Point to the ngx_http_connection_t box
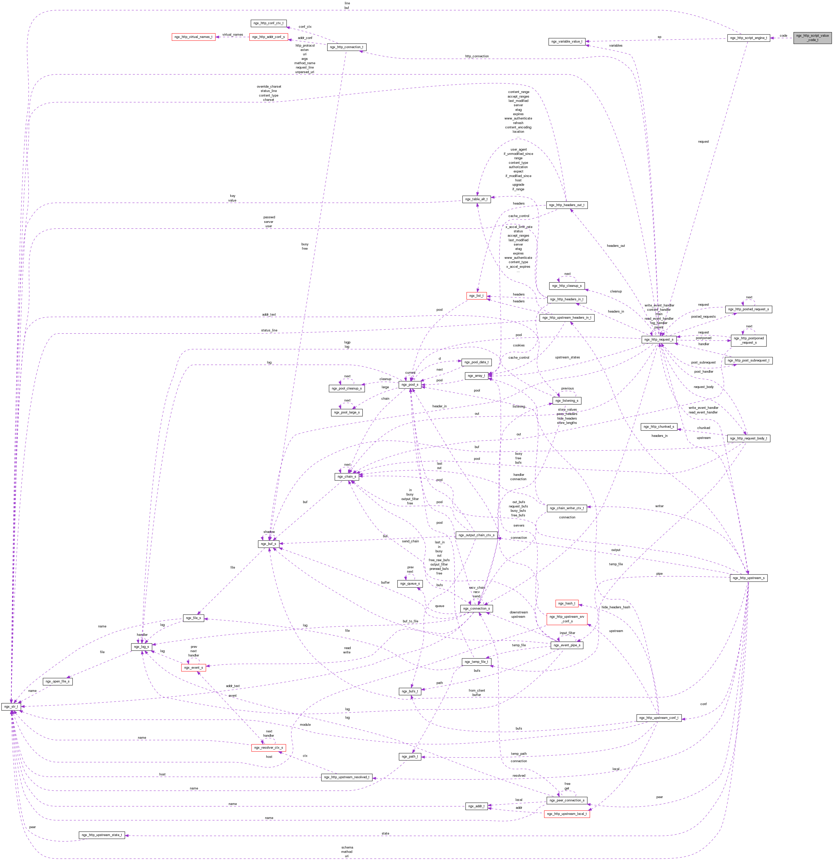[x=346, y=47]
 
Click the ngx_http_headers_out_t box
[x=566, y=205]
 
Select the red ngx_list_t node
[x=476, y=296]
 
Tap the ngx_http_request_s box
[x=658, y=339]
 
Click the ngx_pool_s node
[x=410, y=384]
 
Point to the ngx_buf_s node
[x=269, y=544]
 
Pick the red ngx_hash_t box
[x=566, y=603]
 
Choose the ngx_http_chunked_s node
[x=658, y=426]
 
